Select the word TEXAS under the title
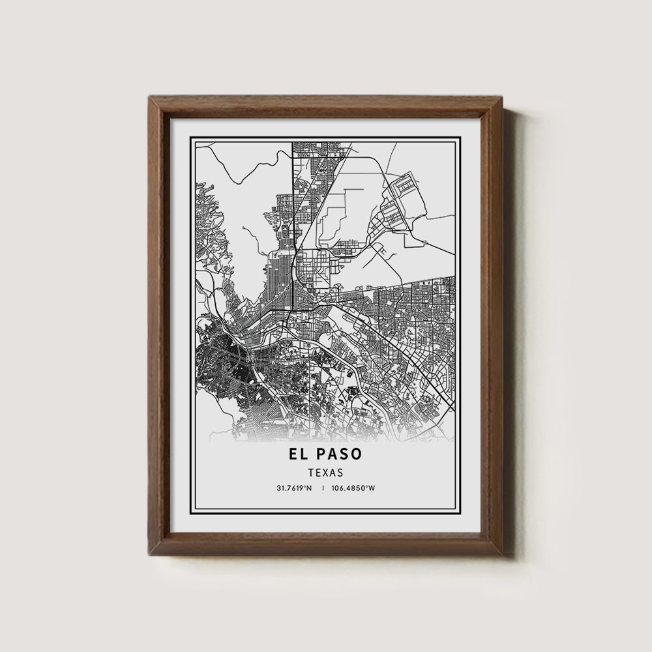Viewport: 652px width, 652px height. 325,471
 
